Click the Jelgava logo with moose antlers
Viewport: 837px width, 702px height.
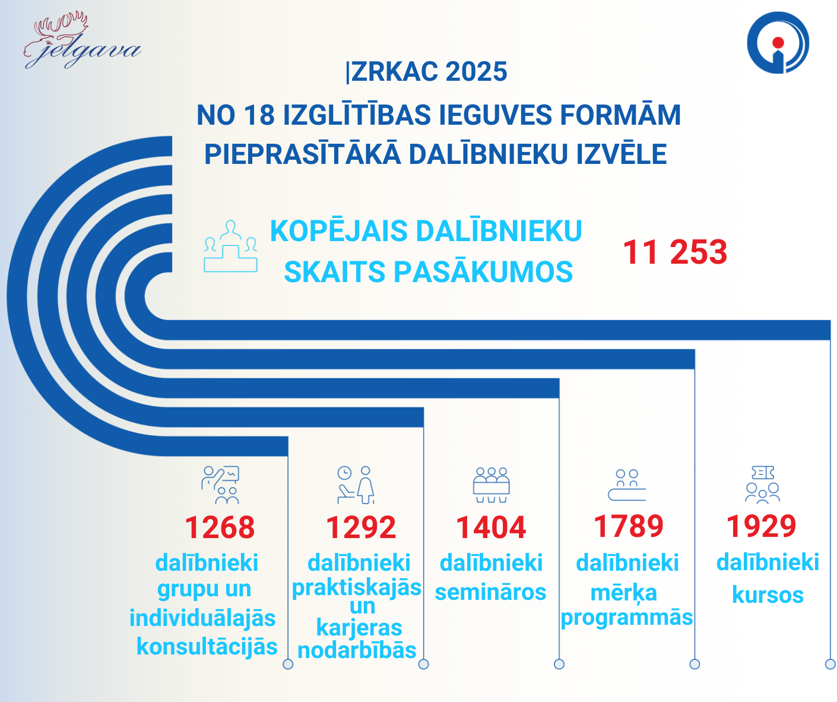(82, 40)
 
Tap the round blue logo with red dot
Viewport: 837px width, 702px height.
(778, 43)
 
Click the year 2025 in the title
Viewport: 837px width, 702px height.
(476, 72)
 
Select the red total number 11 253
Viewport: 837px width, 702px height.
(675, 252)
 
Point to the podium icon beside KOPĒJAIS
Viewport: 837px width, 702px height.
(230, 246)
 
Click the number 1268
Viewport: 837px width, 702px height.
(220, 527)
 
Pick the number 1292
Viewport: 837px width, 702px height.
(361, 527)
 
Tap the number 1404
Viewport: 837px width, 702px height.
(491, 527)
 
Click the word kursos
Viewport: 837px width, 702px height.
(768, 595)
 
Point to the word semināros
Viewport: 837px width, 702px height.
(491, 592)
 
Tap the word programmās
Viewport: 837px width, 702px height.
(627, 618)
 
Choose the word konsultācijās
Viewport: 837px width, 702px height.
(207, 646)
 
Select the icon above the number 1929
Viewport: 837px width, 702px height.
(762, 485)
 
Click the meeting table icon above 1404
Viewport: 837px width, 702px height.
(491, 485)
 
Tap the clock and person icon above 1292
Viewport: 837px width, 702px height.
(356, 485)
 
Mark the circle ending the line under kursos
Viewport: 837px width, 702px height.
(830, 665)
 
